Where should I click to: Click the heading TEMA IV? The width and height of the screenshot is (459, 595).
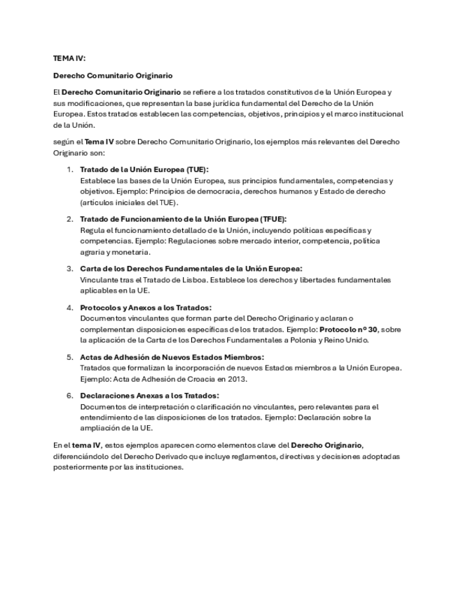pos(69,58)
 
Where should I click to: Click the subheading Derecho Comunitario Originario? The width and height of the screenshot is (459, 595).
pos(113,74)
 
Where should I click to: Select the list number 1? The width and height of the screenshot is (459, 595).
pos(70,169)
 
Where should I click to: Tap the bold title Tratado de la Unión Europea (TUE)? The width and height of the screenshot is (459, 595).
pos(144,169)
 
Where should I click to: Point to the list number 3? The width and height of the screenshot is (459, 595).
pos(70,268)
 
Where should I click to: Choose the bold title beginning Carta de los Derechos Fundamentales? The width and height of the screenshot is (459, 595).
pos(191,268)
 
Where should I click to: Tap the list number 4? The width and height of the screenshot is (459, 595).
pos(70,307)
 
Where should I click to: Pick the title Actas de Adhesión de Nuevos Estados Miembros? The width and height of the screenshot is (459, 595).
pos(171,356)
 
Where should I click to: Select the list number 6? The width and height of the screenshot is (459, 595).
pos(70,396)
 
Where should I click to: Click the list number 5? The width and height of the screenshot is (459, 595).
pos(70,356)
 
